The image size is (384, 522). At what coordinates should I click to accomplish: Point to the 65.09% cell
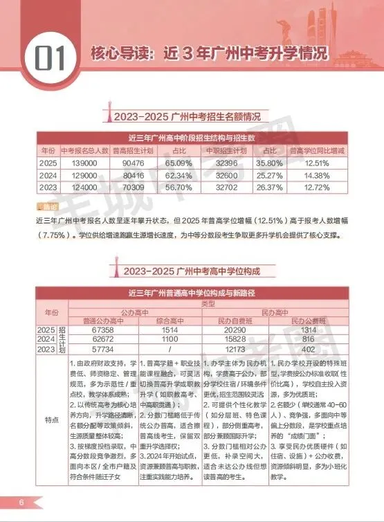[179, 163]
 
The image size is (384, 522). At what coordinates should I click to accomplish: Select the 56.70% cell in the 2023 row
[179, 188]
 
